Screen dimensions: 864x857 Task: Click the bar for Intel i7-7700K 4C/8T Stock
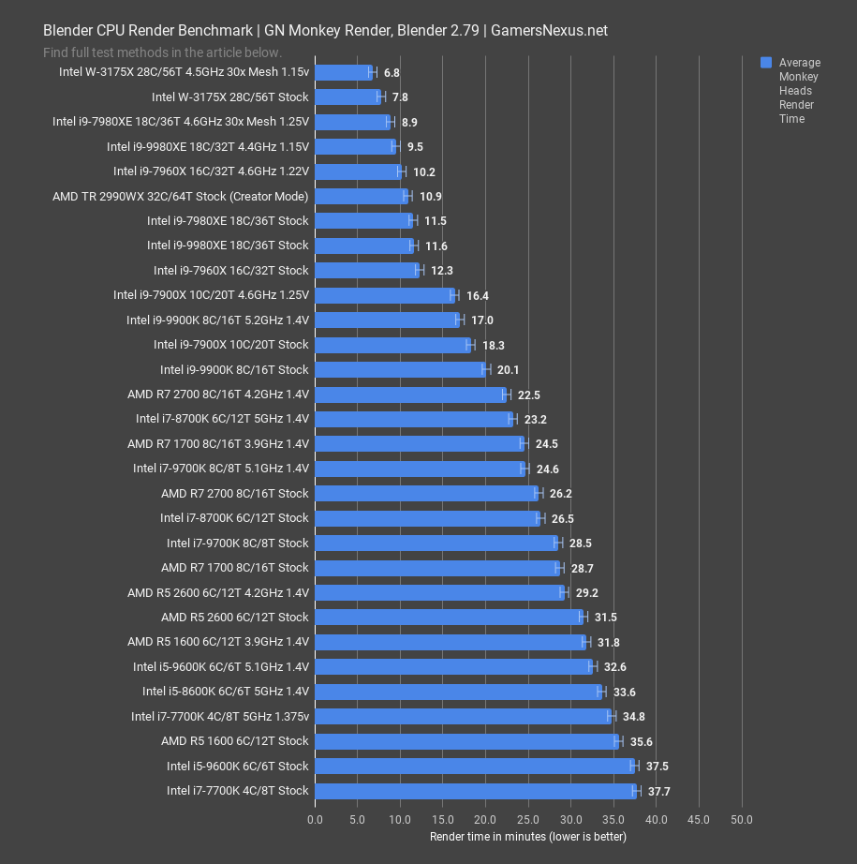pos(476,791)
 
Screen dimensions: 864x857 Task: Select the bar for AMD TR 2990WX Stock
pos(361,196)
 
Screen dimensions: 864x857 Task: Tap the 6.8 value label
pos(392,72)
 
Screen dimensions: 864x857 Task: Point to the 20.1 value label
pos(509,370)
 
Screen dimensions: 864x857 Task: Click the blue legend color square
pos(766,63)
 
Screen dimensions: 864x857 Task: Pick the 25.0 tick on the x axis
pos(528,820)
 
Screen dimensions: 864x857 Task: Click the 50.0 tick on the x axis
pos(742,820)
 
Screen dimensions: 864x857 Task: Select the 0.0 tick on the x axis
pos(315,820)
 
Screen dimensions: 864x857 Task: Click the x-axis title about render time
pos(527,836)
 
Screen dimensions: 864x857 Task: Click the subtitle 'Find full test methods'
pos(162,52)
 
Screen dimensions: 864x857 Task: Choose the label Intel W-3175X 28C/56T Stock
pos(229,97)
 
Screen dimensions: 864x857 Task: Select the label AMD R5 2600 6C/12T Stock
pos(234,618)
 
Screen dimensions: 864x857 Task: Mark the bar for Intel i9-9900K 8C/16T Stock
pos(401,369)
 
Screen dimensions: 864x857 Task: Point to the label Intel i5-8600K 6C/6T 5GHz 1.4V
pos(226,692)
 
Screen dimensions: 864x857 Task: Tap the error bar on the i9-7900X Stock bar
pos(470,345)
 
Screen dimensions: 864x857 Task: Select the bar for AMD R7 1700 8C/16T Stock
pos(436,568)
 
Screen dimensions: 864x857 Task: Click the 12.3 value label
pos(442,271)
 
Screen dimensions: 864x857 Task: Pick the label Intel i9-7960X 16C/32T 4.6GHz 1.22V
pos(211,171)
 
